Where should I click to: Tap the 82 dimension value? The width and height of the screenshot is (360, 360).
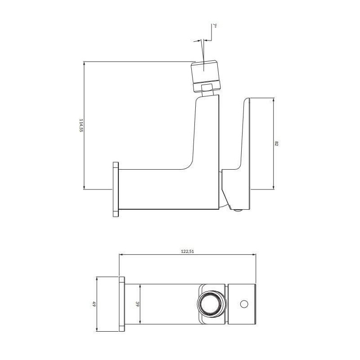click(x=276, y=144)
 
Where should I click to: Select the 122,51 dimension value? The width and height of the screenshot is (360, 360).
click(x=188, y=252)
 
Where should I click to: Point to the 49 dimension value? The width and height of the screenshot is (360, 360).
click(x=94, y=304)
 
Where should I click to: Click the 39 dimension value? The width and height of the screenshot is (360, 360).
click(x=138, y=304)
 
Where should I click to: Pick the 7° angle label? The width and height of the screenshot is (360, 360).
click(x=215, y=26)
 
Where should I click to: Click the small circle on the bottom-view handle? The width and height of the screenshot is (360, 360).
click(x=244, y=304)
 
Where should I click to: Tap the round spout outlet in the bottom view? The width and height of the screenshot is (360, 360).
click(x=210, y=304)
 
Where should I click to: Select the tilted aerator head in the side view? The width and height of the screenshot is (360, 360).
click(x=206, y=76)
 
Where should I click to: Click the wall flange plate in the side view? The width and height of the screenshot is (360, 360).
click(x=116, y=189)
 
